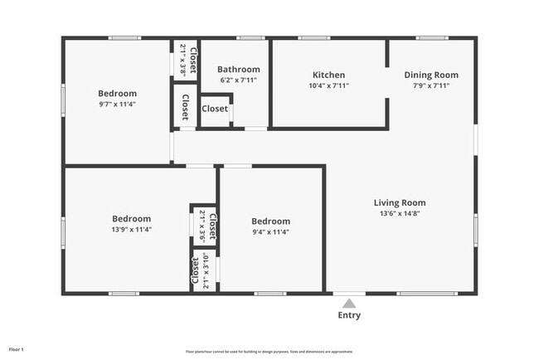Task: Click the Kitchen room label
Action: [328, 75]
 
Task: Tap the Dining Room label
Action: [431, 75]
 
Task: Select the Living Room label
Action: [400, 202]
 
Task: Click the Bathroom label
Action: [238, 70]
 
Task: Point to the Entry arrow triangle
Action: [349, 304]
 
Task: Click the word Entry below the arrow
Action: [349, 315]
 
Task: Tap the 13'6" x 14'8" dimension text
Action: [400, 213]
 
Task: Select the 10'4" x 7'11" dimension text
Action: [328, 85]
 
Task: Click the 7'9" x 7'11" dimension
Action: [431, 85]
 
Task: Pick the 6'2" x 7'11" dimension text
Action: [238, 80]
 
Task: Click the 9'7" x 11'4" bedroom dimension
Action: [117, 105]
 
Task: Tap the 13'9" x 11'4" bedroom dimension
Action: [132, 229]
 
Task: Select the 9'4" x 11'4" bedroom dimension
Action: [271, 232]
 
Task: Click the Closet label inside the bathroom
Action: [215, 109]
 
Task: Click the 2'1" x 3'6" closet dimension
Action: [202, 225]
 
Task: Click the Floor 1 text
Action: [17, 349]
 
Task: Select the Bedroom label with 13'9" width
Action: [132, 218]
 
